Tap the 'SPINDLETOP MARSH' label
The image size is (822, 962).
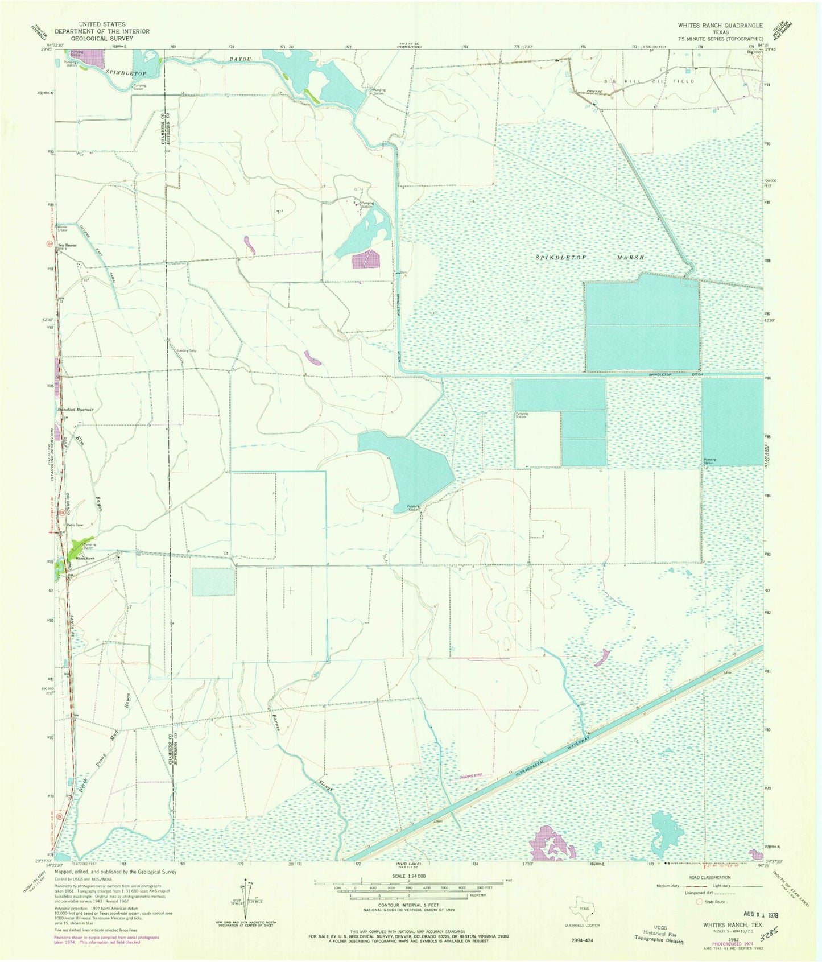coord(589,258)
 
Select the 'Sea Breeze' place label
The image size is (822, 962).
coord(68,245)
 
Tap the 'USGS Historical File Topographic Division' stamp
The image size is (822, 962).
coord(659,936)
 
